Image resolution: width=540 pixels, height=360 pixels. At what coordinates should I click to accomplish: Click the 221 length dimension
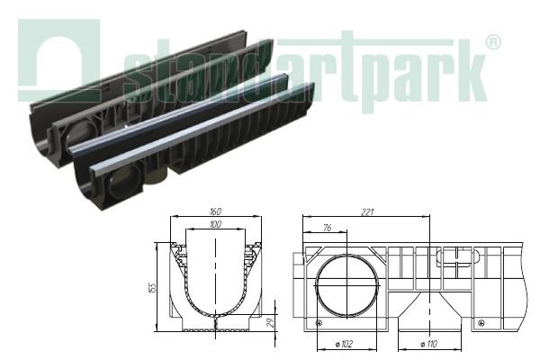click(367, 213)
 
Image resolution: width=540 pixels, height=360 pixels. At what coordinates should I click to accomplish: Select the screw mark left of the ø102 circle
click(318, 322)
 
